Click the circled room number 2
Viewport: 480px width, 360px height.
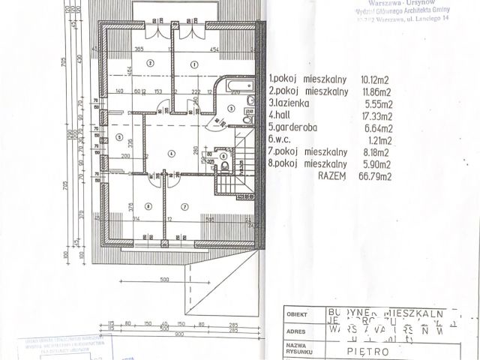(x=151, y=64)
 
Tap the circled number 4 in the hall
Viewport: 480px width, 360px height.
(x=172, y=154)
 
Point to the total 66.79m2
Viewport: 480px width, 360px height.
(x=383, y=177)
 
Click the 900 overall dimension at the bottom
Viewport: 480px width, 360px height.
(x=178, y=334)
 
